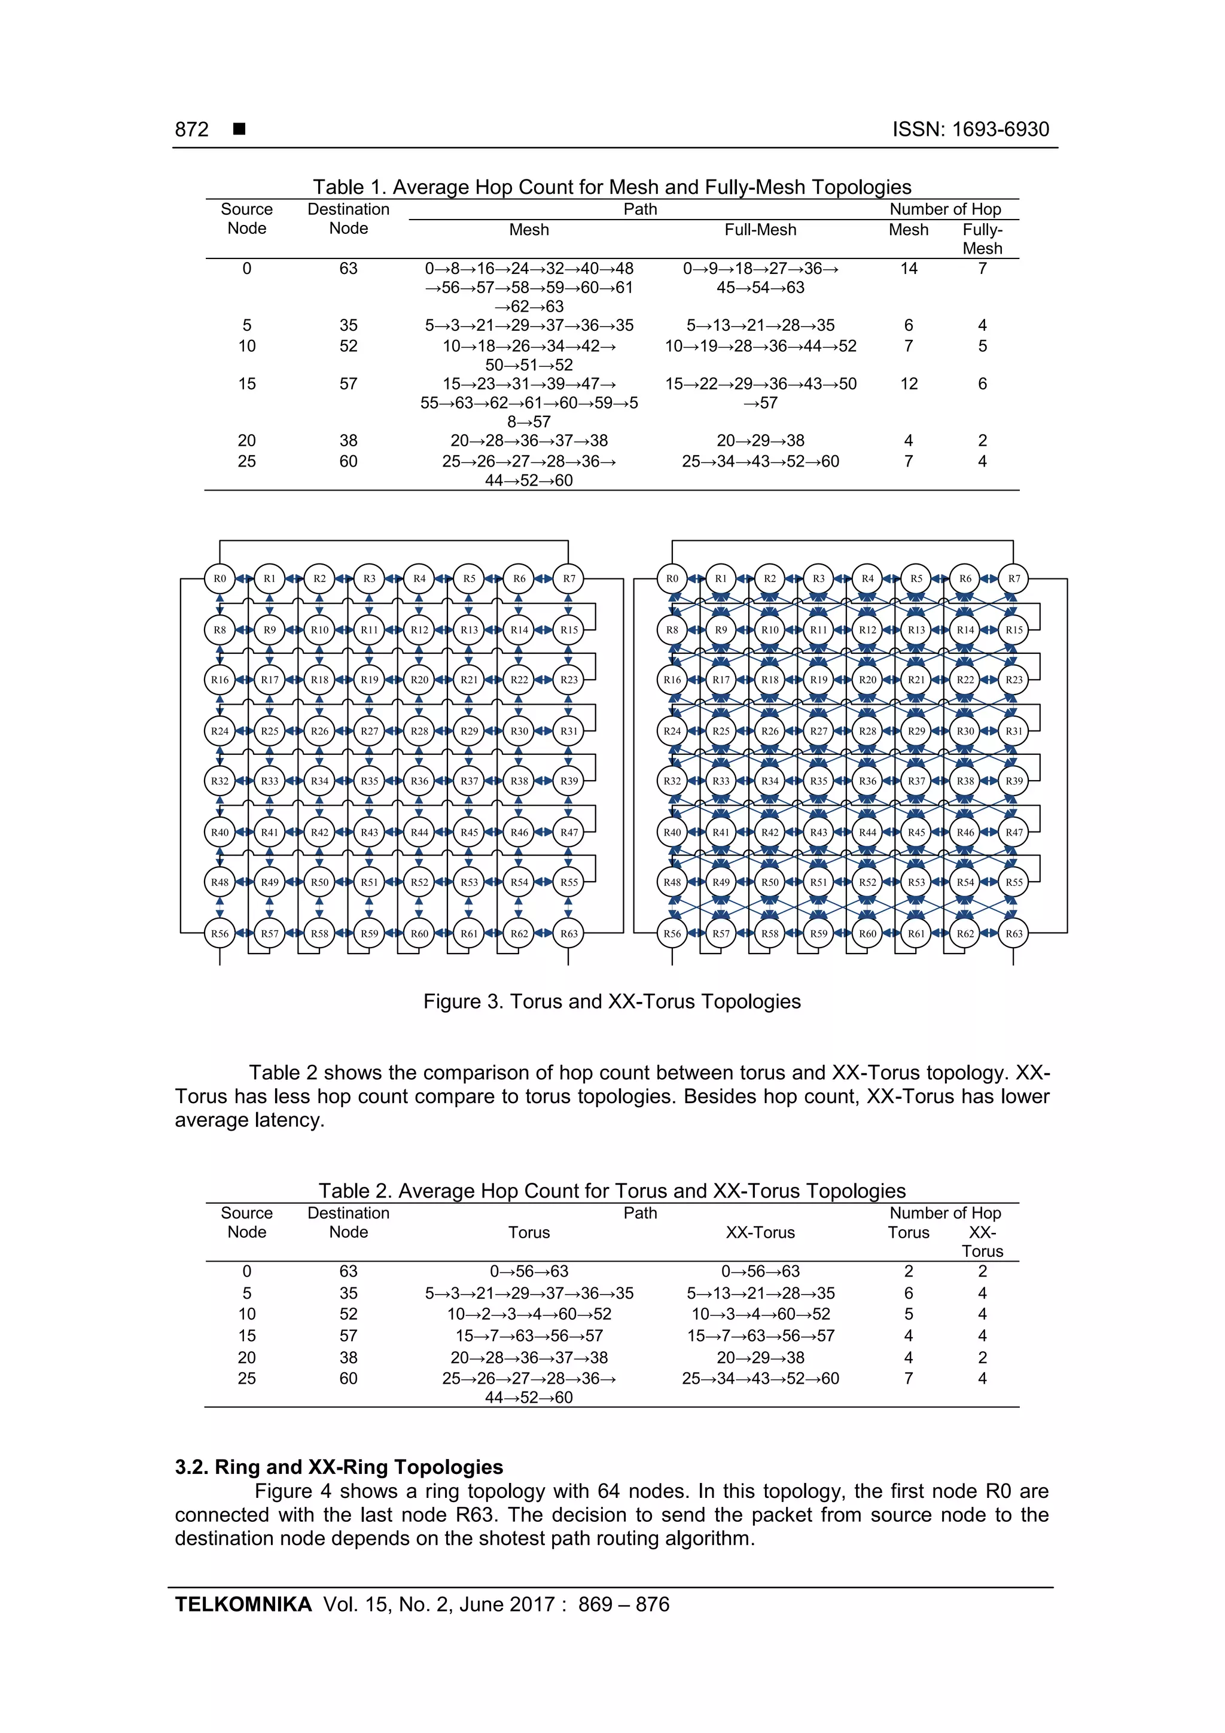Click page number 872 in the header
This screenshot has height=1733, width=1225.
pyautogui.click(x=192, y=129)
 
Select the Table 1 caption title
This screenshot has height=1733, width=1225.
pyautogui.click(x=611, y=187)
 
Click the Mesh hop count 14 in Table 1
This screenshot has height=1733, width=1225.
pyautogui.click(x=908, y=269)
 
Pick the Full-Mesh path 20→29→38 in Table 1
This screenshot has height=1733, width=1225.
pyautogui.click(x=760, y=440)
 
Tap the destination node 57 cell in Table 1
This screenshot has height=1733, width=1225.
pyautogui.click(x=348, y=383)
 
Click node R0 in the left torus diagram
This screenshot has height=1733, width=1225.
pyautogui.click(x=220, y=579)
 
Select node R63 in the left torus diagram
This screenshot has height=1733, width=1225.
pyautogui.click(x=568, y=934)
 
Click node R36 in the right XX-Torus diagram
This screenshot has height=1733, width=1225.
pyautogui.click(x=867, y=781)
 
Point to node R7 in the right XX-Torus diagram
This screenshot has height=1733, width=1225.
pyautogui.click(x=1014, y=579)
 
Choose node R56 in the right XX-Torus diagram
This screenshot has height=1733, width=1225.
pyautogui.click(x=672, y=934)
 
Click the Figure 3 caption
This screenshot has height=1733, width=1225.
pyautogui.click(x=611, y=1001)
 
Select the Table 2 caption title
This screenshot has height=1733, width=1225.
pyautogui.click(x=611, y=1190)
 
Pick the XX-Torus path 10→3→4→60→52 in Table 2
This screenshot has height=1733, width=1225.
pyautogui.click(x=760, y=1314)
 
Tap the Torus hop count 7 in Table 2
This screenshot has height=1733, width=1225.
pyautogui.click(x=908, y=1378)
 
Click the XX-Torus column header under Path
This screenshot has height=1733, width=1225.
pyautogui.click(x=760, y=1232)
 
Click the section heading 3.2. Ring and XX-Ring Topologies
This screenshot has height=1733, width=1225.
pyautogui.click(x=339, y=1467)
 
